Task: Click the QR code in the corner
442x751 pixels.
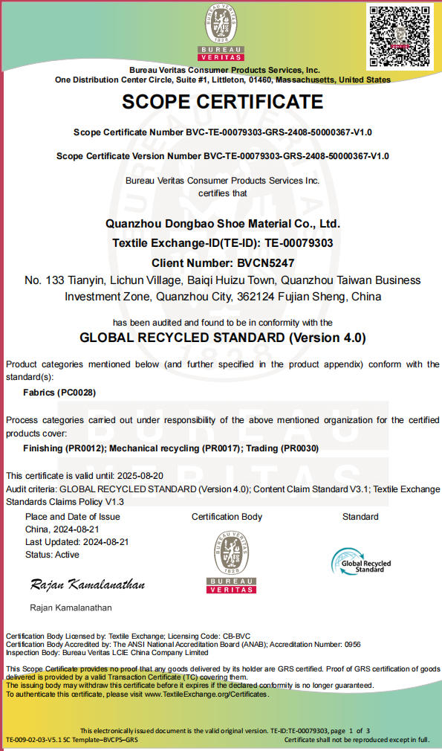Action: (x=400, y=35)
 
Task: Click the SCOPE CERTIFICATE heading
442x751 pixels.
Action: (x=222, y=102)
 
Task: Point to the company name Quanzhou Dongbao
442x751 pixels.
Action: (x=223, y=224)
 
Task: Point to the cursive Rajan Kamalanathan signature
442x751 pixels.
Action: (x=88, y=584)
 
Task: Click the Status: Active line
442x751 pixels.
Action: (x=52, y=555)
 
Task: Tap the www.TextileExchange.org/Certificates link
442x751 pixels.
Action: (x=206, y=694)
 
